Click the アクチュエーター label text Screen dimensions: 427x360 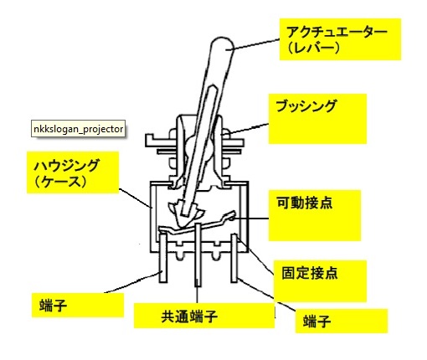337,33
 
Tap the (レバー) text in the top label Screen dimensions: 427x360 314,48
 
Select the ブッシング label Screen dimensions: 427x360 306,106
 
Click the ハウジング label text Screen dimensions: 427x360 66,165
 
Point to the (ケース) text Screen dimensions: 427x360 60,182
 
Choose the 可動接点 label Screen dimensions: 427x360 304,203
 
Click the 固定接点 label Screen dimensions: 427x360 310,273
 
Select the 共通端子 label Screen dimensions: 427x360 189,316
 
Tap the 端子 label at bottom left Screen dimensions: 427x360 54,306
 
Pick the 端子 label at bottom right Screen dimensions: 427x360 317,321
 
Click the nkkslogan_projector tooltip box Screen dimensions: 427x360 78,129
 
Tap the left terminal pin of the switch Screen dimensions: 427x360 163,258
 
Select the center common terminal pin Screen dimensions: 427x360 198,255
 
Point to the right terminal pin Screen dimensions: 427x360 234,258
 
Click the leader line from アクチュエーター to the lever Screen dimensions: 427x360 253,44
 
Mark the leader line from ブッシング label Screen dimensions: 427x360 244,129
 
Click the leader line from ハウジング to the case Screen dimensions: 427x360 135,198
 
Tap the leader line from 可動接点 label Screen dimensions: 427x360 250,219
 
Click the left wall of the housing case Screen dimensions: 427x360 152,217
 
